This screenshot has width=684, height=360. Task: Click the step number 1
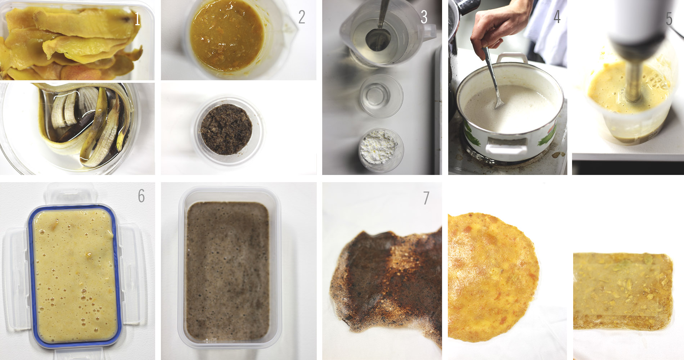point(137,19)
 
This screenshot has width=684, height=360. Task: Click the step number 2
point(302,17)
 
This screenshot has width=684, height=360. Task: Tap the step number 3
point(424,17)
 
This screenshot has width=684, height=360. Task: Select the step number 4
point(557,17)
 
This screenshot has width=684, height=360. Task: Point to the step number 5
point(669,19)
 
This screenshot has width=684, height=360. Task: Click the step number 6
point(141,196)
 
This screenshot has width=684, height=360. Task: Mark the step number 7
point(426,198)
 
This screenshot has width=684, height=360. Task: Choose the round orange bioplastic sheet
point(493,277)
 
